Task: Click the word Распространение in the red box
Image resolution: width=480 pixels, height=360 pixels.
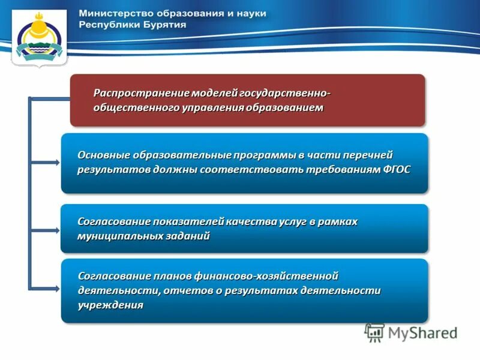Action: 141,93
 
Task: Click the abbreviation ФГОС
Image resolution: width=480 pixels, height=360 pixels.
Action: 397,169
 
